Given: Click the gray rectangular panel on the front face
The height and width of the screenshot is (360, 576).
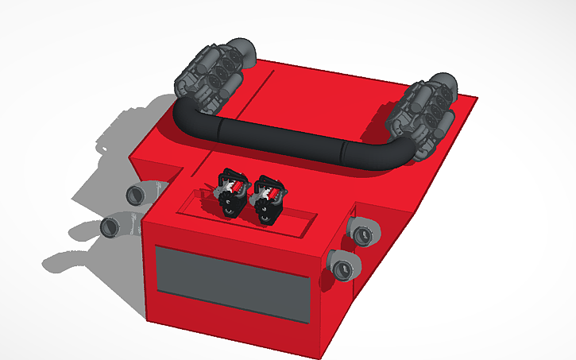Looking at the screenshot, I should [x=230, y=284].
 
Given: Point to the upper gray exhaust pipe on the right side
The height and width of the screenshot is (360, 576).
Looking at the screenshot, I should [x=364, y=233].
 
